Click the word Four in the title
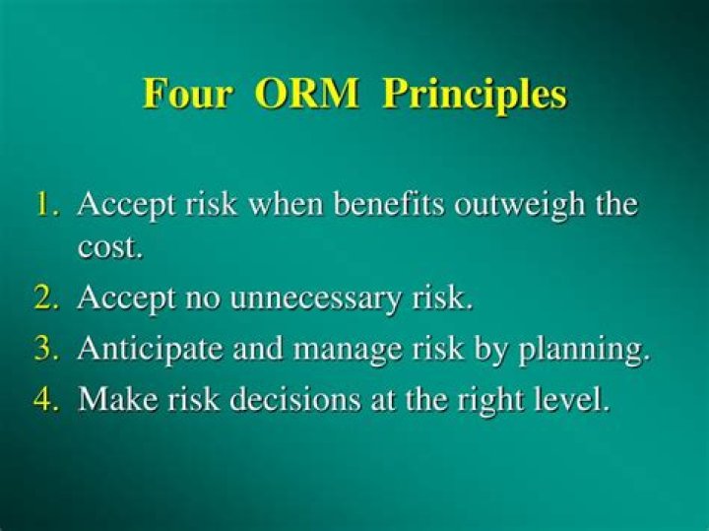click(x=187, y=95)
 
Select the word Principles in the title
click(x=475, y=96)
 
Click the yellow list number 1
click(x=48, y=206)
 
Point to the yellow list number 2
click(x=48, y=299)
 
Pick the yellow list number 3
click(x=48, y=350)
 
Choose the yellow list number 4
click(x=48, y=400)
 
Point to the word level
click(x=574, y=401)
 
